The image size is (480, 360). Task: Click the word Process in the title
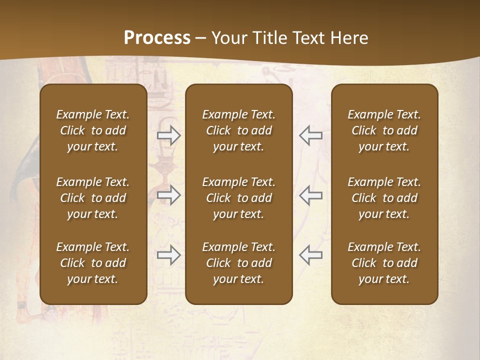[x=157, y=38]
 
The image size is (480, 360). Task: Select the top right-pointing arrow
[x=169, y=135]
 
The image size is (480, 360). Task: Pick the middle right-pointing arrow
[x=169, y=195]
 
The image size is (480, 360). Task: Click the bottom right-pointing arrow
[x=169, y=255]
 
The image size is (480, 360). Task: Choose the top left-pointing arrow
[x=310, y=135]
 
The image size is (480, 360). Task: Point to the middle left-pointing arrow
[x=310, y=195]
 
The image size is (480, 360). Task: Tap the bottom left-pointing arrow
[x=310, y=255]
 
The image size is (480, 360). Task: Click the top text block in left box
[x=93, y=130]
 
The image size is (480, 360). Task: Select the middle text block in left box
[x=93, y=198]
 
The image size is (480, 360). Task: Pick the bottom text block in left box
[x=93, y=263]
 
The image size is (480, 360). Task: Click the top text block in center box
[x=239, y=130]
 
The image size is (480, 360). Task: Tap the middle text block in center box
[x=239, y=198]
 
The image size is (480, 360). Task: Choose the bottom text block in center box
[x=239, y=263]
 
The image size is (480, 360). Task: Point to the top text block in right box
[x=384, y=130]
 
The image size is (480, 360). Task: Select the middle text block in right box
[x=384, y=198]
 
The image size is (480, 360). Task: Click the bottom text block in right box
[x=384, y=263]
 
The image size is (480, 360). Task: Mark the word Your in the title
[x=227, y=38]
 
